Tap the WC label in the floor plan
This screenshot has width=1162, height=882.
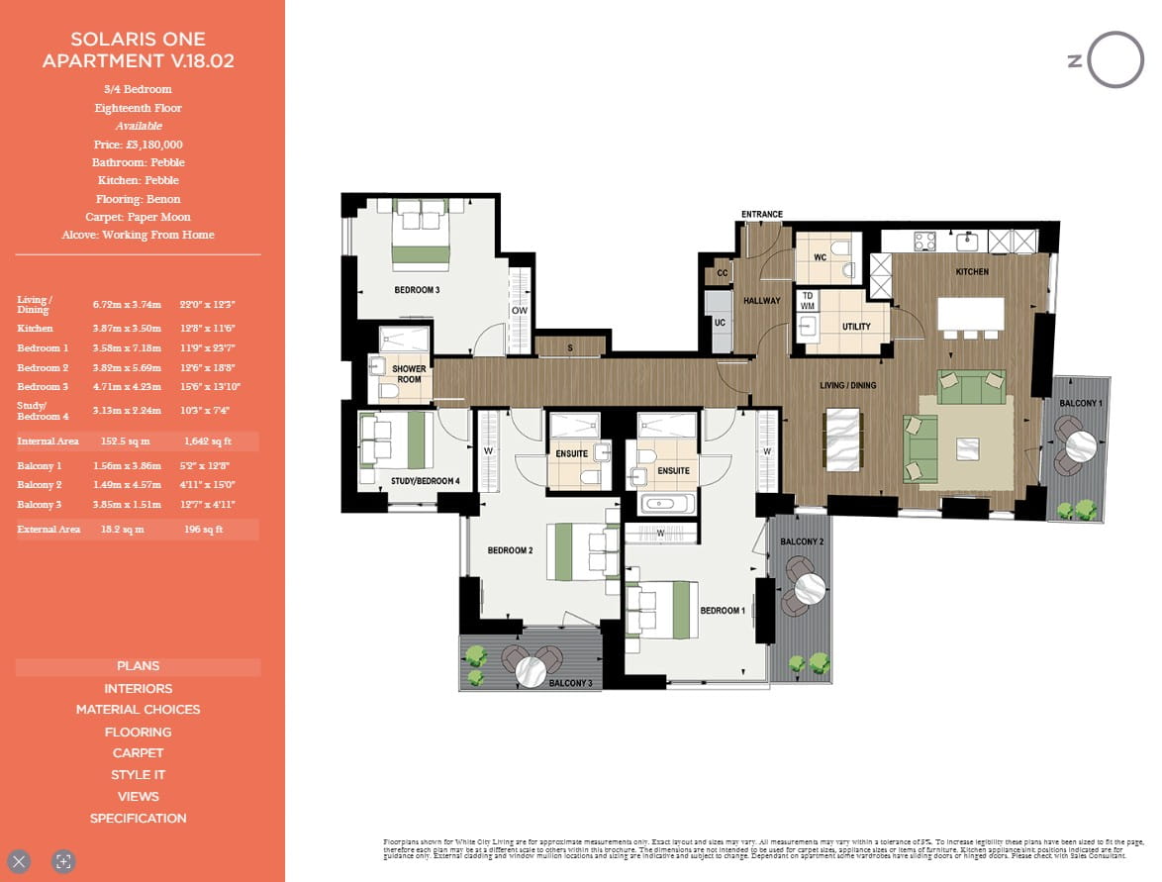click(819, 256)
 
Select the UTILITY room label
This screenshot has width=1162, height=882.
click(856, 326)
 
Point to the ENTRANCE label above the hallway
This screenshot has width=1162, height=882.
click(762, 215)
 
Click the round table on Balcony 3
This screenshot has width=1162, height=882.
click(534, 671)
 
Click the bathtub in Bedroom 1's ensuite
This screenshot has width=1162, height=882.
click(667, 504)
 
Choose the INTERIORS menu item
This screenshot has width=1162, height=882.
click(138, 689)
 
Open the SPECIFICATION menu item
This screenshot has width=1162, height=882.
click(138, 819)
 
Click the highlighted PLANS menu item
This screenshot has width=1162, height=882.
click(138, 666)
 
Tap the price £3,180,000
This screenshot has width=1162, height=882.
click(138, 145)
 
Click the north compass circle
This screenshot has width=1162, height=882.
click(1116, 60)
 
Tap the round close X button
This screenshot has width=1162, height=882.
click(20, 861)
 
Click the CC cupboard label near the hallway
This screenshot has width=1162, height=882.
click(723, 273)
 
